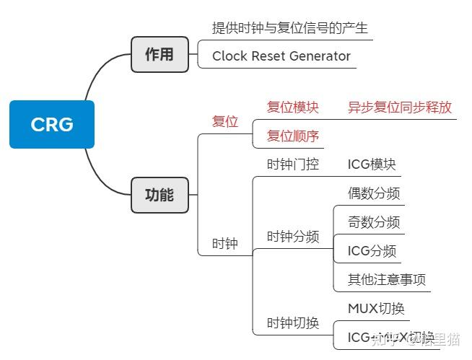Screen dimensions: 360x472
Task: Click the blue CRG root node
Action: coord(52,125)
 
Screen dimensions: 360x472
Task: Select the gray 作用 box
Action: coord(159,55)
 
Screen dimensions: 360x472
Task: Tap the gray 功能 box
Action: coord(159,195)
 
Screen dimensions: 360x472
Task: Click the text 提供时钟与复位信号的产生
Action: coord(290,28)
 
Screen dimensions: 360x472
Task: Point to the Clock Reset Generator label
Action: coord(281,56)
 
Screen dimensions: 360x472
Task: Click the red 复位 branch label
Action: coord(225,121)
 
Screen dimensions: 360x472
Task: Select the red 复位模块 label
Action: coord(293,107)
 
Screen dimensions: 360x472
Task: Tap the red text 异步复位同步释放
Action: coord(400,107)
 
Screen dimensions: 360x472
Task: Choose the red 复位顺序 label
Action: coord(293,136)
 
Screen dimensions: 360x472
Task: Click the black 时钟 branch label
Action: coord(225,244)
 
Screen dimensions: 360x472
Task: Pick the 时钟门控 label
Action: coord(293,164)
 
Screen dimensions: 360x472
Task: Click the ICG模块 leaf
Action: coord(372,164)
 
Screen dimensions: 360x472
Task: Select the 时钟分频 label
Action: coord(293,237)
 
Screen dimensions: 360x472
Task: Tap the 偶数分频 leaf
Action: coord(374,193)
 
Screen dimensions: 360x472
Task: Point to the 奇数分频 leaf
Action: coord(374,222)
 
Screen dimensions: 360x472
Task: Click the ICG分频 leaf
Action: coord(372,251)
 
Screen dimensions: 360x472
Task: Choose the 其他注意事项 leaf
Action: coord(387,280)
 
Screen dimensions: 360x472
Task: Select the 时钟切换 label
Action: coord(293,323)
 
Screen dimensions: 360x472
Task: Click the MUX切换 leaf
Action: coord(376,309)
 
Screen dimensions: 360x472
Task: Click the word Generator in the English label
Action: coord(317,56)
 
